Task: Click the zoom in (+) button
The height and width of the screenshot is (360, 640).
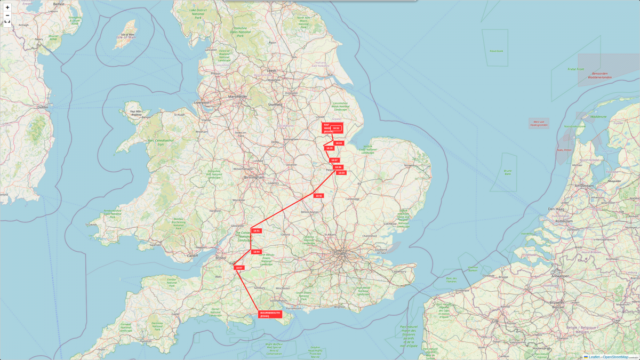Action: [x=7, y=7]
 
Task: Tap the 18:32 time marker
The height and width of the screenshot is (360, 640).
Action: [x=336, y=129]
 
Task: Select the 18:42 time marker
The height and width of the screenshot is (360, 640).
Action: [x=319, y=196]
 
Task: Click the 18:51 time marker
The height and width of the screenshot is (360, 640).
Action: [x=256, y=231]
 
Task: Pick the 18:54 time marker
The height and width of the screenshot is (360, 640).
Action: [x=256, y=252]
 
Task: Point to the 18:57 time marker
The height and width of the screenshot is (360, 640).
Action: [x=239, y=268]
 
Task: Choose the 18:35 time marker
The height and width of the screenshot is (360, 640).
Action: [x=330, y=148]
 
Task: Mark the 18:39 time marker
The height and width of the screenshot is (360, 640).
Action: [x=342, y=173]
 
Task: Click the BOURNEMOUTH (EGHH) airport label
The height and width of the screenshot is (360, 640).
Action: [x=270, y=314]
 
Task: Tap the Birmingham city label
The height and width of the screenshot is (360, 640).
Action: [x=254, y=177]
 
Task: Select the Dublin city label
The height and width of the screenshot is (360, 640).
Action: [x=43, y=107]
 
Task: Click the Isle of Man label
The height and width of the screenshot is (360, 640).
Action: [x=126, y=37]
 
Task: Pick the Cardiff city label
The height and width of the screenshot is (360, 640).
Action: [x=192, y=255]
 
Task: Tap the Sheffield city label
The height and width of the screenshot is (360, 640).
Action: [x=275, y=105]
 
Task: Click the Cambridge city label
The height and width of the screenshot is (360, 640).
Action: [x=353, y=199]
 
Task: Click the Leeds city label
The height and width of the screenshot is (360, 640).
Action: [x=272, y=70]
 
